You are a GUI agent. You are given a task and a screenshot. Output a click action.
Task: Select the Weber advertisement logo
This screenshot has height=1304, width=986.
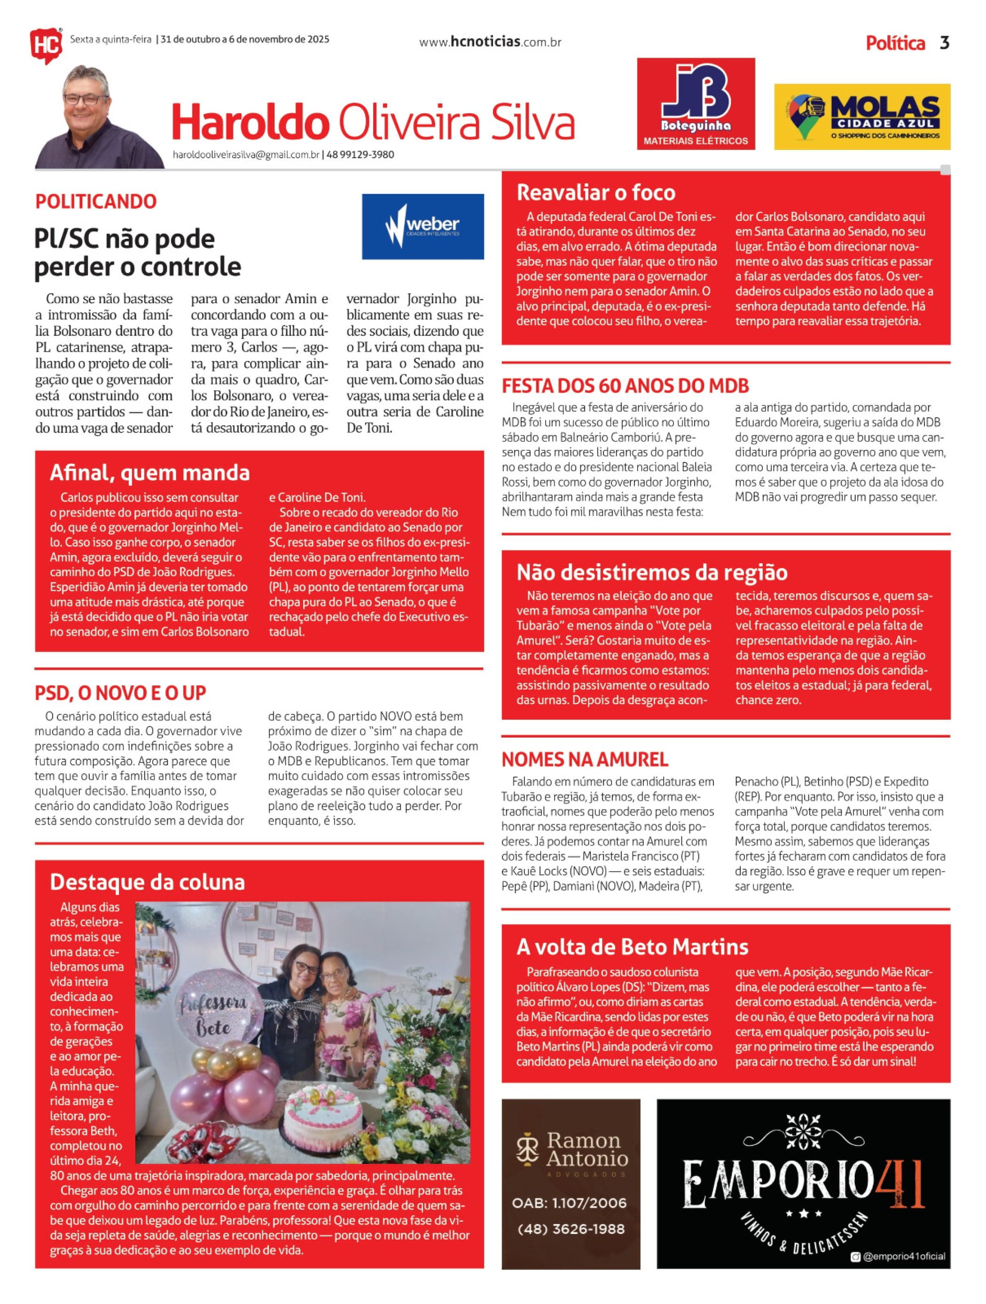coord(423,227)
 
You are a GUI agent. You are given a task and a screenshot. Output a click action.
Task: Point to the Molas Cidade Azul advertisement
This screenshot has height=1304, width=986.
coord(861,117)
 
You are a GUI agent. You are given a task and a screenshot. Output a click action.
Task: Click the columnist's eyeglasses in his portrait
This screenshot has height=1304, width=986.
coord(86,98)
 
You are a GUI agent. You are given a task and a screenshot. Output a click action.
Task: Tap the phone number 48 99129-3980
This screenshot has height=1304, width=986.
coord(360,155)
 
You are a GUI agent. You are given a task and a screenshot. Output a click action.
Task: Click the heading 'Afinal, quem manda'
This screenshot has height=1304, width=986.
coord(150,473)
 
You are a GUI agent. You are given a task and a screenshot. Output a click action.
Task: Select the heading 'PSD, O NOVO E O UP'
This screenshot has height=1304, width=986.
coord(120,693)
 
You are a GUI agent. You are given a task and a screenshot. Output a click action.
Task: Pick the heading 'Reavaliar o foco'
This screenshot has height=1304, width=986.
coord(596,193)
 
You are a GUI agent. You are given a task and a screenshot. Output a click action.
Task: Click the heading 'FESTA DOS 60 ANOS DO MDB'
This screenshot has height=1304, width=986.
coord(625,386)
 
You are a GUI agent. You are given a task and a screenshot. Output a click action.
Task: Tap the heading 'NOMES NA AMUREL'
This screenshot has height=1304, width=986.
coord(585,759)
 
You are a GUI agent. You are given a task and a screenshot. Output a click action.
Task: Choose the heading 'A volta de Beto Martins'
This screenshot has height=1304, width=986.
coord(632,947)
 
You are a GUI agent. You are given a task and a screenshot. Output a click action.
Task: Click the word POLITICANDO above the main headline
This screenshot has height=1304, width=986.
coord(95,202)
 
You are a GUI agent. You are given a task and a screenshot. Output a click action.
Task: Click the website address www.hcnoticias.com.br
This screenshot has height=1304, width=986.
coord(490,42)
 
